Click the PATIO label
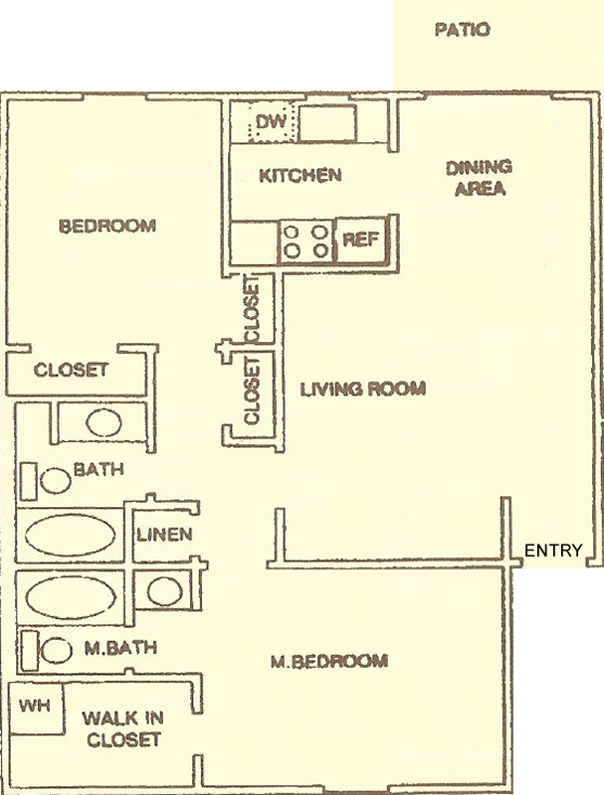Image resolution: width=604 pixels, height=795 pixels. (463, 30)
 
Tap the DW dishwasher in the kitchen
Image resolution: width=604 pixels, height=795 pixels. (271, 122)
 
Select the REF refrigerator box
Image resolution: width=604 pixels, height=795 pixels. (361, 239)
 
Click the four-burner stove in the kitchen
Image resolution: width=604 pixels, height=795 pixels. (305, 241)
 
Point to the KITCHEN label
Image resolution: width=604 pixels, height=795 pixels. (300, 176)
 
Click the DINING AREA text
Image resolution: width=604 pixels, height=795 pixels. (480, 178)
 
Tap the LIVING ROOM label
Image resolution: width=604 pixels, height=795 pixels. (363, 389)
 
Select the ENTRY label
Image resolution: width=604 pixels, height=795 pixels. (552, 551)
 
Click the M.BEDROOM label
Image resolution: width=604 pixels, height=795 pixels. (329, 661)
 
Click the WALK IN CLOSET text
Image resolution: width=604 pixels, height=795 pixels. (122, 729)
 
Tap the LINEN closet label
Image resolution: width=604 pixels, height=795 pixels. (164, 535)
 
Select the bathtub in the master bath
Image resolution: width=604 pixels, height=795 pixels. (70, 596)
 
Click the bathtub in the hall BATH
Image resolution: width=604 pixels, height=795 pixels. (70, 536)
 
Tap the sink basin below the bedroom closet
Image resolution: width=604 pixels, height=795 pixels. (103, 423)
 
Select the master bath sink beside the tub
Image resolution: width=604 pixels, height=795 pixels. (165, 591)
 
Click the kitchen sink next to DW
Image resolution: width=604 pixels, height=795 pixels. (327, 123)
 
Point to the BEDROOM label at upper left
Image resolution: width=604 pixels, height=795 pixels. (107, 226)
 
